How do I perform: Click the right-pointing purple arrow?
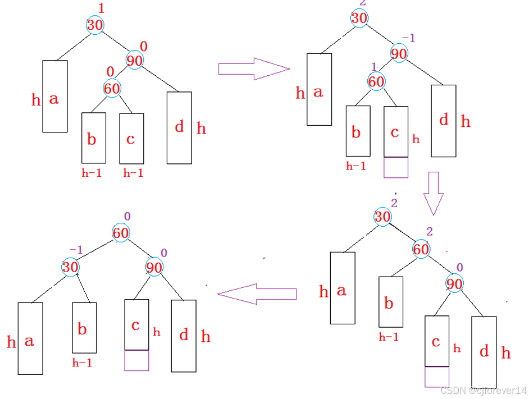253,68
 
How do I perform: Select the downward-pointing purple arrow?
433,194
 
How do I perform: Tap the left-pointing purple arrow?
257,293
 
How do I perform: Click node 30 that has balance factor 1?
95,25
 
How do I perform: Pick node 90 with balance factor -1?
399,54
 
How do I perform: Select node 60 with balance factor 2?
421,249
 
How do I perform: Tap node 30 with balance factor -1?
70,267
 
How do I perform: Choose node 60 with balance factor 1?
376,82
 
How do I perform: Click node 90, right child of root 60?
154,267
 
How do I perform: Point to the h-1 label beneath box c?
133,173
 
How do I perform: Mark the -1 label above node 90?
408,38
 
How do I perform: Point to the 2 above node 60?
430,232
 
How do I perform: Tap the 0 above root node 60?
127,217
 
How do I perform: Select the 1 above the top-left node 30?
101,8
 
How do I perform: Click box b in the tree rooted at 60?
84,328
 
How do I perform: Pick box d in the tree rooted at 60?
184,336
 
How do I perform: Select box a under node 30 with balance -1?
30,338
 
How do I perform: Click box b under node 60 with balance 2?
391,302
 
